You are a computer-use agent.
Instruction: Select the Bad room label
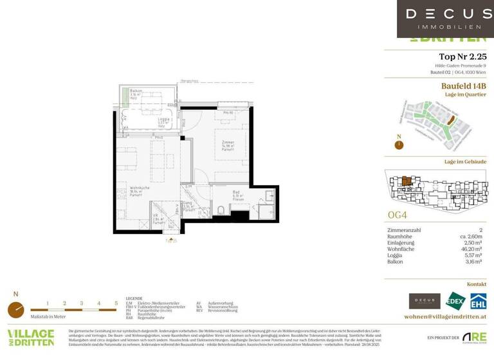[237, 197]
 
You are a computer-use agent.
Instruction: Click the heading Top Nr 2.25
[462, 57]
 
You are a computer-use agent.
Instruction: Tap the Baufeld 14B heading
[463, 85]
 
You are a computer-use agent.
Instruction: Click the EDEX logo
[456, 300]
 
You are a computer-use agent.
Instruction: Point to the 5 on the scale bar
[116, 303]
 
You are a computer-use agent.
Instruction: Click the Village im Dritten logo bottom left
[30, 337]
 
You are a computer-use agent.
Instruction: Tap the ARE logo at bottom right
[475, 337]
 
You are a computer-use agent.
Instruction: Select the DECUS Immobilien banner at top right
[444, 19]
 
